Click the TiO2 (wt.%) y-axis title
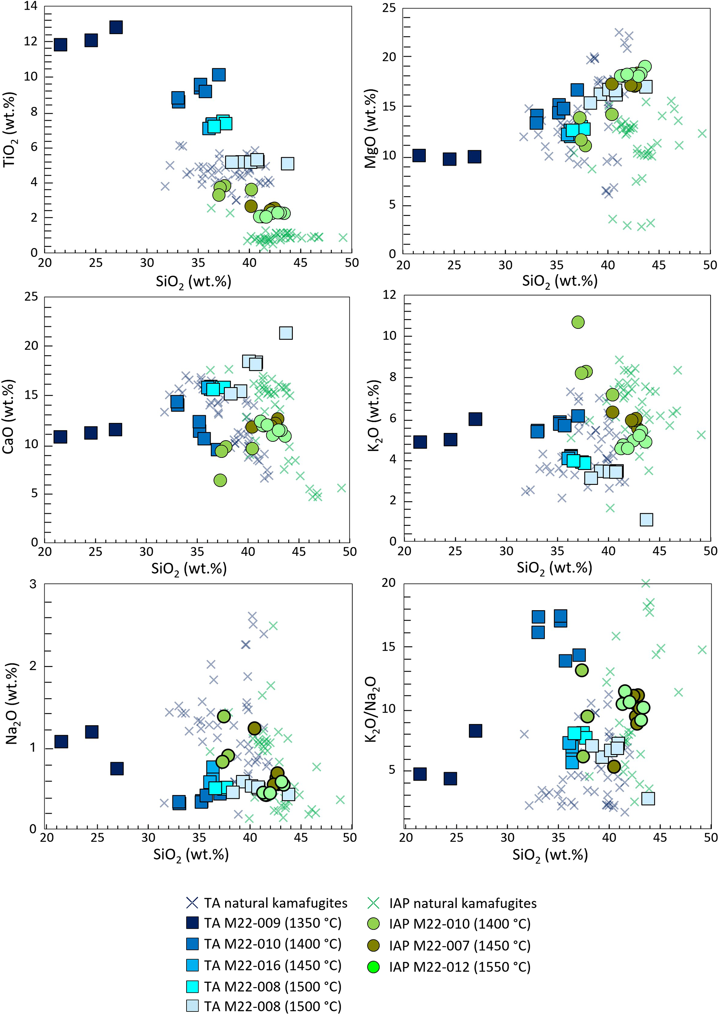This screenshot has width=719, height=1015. [10, 129]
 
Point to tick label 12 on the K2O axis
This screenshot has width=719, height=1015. [390, 295]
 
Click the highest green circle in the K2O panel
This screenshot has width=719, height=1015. [578, 322]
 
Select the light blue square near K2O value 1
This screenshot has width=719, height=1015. [646, 519]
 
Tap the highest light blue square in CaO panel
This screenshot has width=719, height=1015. [286, 333]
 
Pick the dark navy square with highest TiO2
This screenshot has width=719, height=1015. [116, 27]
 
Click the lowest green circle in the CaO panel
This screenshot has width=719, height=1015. [220, 480]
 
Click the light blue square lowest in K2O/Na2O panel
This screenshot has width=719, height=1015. [648, 799]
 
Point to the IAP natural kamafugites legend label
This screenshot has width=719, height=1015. [463, 903]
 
